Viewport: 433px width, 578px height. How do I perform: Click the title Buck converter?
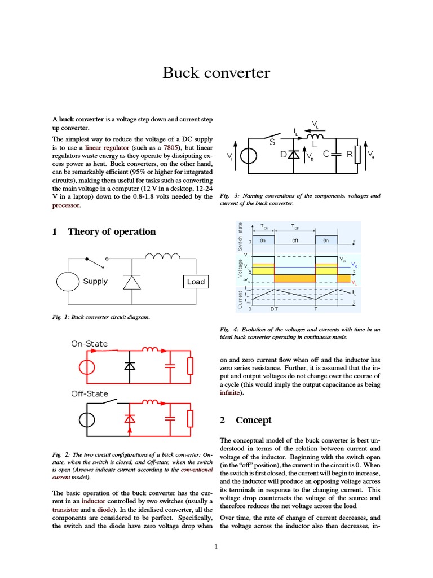216,73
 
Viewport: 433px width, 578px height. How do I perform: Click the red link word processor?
66,205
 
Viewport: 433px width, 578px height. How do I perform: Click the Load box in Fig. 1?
196,281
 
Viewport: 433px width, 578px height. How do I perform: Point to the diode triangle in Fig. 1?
131,281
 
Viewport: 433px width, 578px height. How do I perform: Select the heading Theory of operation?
111,231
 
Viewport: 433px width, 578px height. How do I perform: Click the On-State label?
89,343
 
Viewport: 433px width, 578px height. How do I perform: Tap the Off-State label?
89,393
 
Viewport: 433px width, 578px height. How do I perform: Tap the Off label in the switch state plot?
295,240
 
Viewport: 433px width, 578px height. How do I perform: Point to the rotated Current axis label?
240,299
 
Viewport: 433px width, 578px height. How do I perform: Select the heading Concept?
253,421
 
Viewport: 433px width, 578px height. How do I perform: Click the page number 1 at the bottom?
216,546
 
